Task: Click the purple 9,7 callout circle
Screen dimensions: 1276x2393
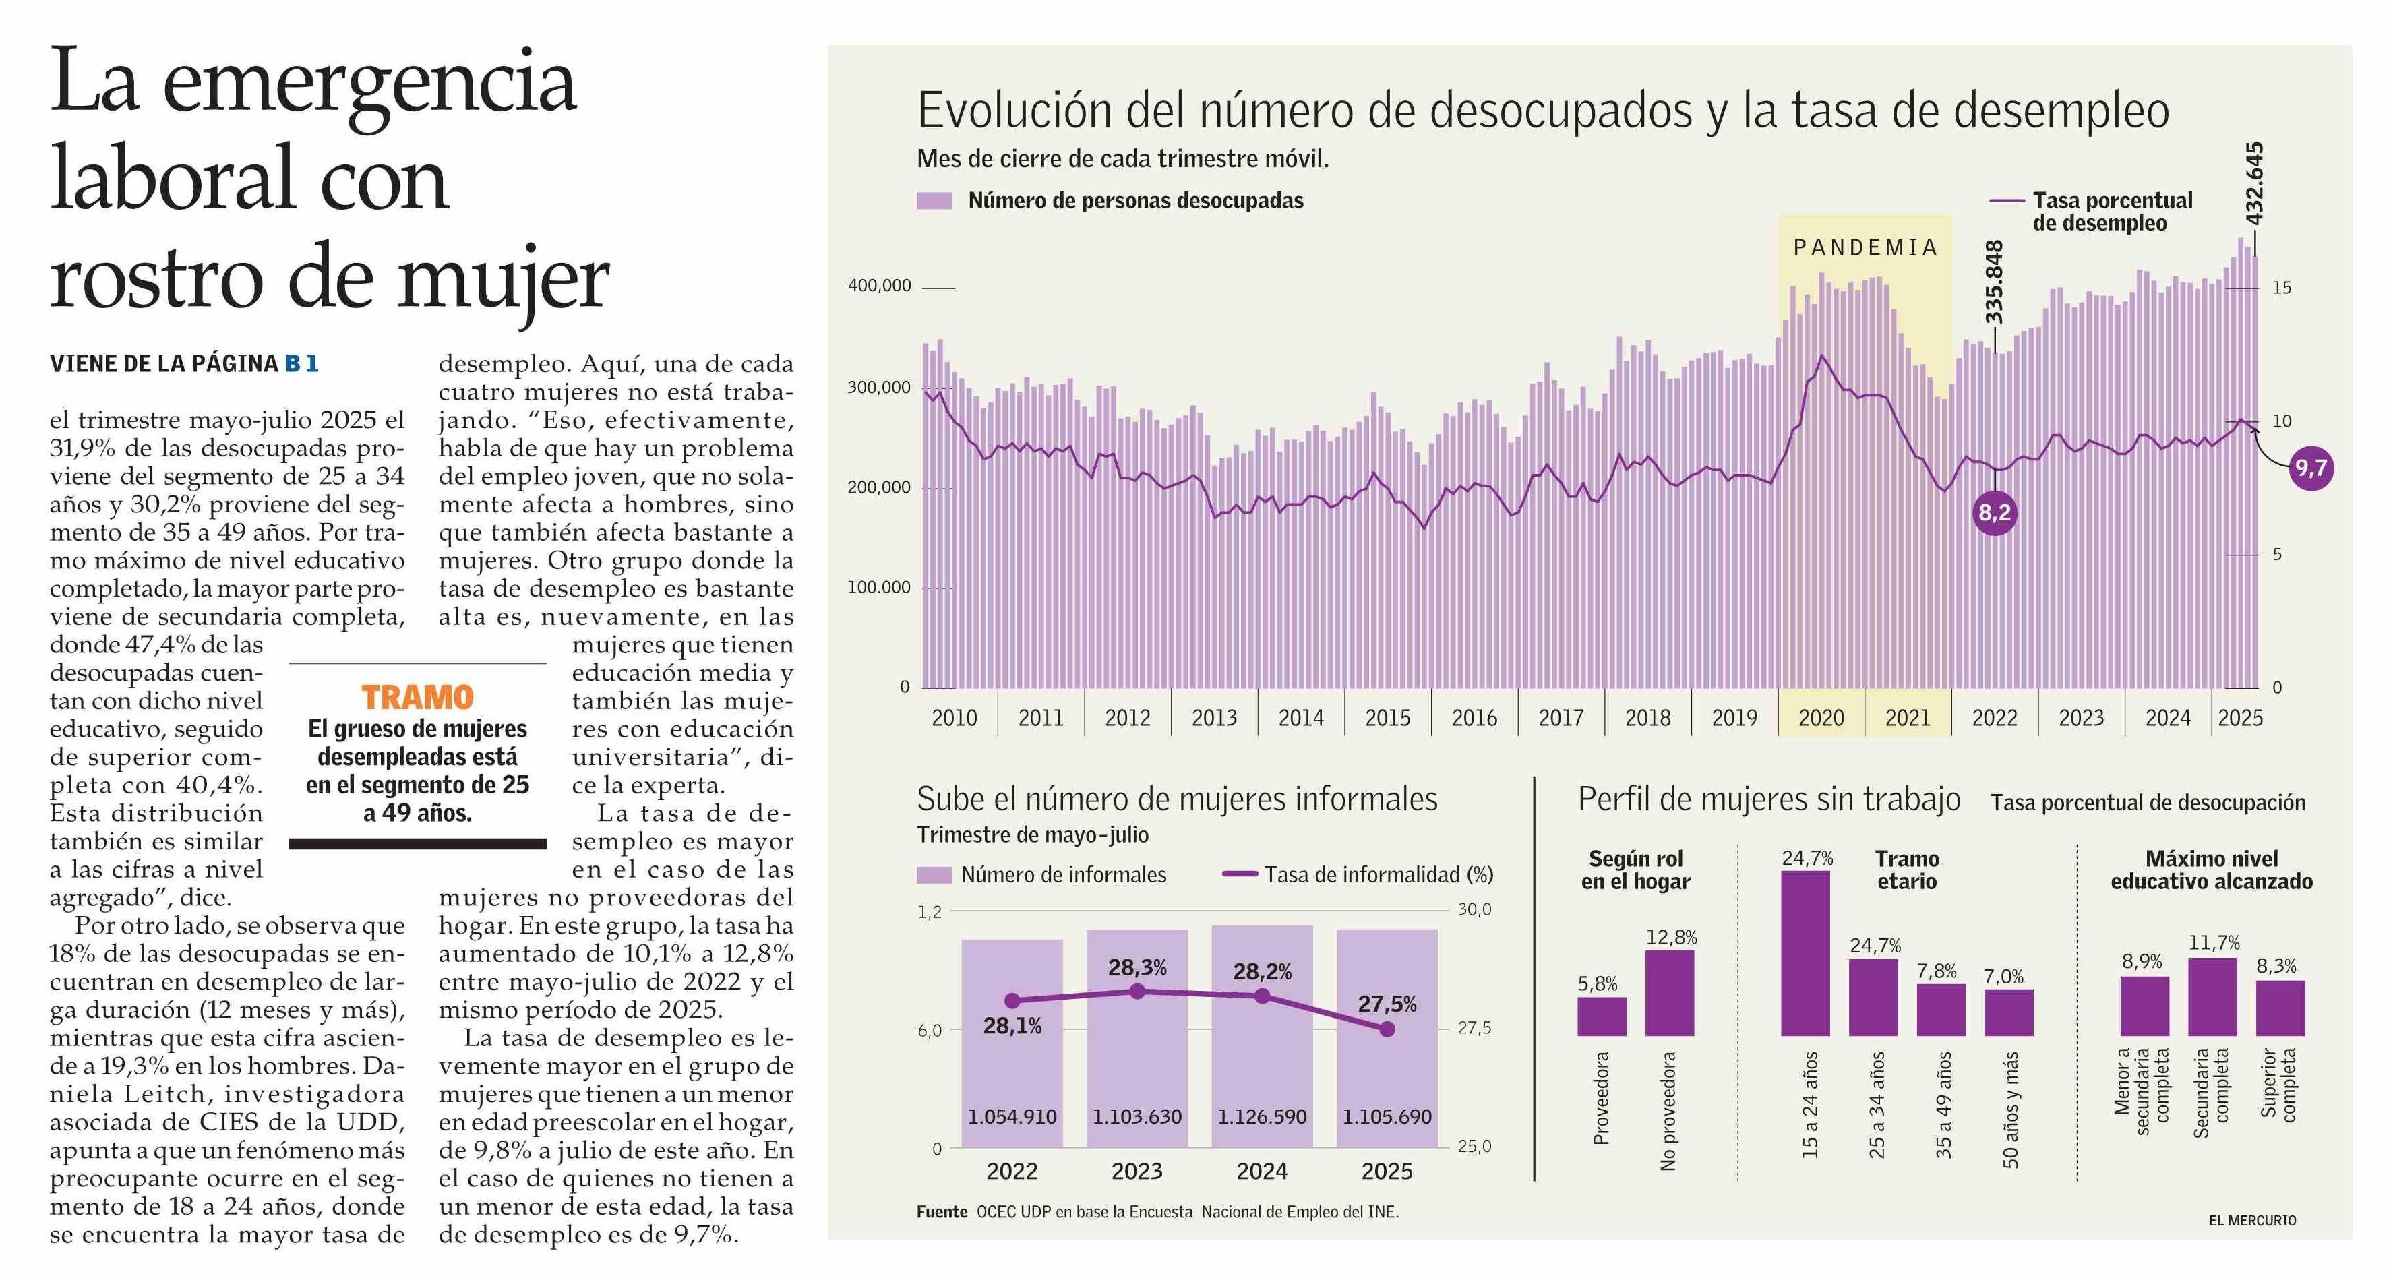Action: [2310, 467]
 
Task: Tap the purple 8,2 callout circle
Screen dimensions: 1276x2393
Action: [1995, 513]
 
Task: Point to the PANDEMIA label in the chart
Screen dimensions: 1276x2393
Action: [1865, 248]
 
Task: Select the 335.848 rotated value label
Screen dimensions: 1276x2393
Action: [1993, 281]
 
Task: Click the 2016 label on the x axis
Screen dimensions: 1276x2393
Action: [1474, 718]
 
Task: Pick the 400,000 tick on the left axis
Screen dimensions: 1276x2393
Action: [879, 286]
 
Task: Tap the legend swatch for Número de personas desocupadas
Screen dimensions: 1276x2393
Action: [934, 201]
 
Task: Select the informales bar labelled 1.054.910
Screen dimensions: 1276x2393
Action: [1012, 1045]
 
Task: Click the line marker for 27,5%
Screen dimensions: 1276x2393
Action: [1387, 1029]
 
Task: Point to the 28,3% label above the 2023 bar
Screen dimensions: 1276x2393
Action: [1137, 968]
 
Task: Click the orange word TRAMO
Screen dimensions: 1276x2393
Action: [417, 698]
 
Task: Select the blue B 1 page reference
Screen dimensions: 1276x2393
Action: [301, 364]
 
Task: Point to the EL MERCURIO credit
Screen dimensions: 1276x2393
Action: [2252, 1220]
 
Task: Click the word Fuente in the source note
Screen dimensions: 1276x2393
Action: [942, 1212]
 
